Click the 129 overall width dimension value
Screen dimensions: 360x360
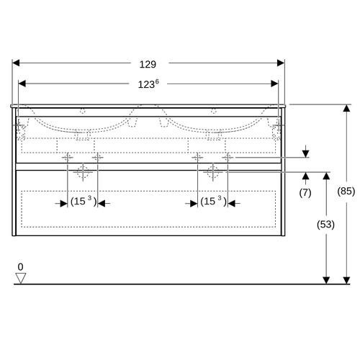(148, 64)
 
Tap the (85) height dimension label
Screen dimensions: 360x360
(346, 192)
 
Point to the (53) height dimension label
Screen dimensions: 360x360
(325, 225)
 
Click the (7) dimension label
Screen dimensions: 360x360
(305, 193)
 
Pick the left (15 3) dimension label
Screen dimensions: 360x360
(84, 201)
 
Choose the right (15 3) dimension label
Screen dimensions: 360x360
(213, 201)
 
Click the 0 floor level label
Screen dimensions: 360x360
(21, 267)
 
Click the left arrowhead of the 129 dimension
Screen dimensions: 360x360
(16, 63)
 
